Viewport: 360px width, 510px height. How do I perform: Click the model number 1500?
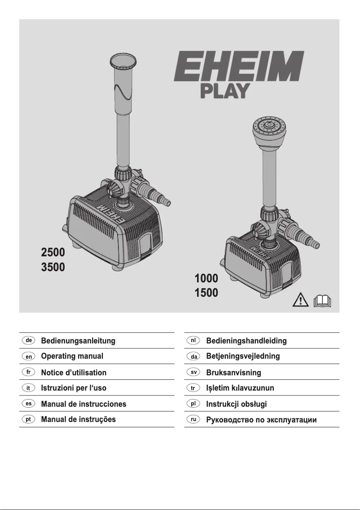206,294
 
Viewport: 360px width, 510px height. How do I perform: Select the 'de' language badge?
28,340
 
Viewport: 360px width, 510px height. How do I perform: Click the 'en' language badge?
28,356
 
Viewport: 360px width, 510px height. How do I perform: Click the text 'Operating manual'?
72,356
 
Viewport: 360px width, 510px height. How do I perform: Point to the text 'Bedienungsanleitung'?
78,341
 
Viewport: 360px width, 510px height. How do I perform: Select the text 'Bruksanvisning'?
233,373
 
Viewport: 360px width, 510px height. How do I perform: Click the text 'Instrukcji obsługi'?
236,404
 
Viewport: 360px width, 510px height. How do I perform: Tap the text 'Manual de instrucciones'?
83,404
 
